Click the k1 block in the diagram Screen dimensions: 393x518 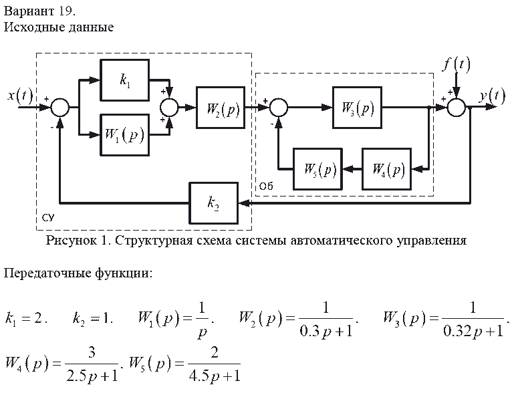[x=124, y=80]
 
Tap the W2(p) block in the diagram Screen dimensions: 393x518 [x=221, y=107]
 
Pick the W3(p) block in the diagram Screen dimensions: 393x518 [x=357, y=107]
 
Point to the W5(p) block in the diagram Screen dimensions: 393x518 [x=319, y=169]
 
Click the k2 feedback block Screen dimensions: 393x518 [x=213, y=203]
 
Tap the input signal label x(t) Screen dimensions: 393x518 [x=21, y=96]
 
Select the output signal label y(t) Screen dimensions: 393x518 [x=492, y=96]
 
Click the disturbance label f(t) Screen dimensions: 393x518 [x=457, y=64]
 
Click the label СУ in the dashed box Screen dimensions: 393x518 [x=47, y=219]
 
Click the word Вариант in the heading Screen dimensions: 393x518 [x=26, y=11]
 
